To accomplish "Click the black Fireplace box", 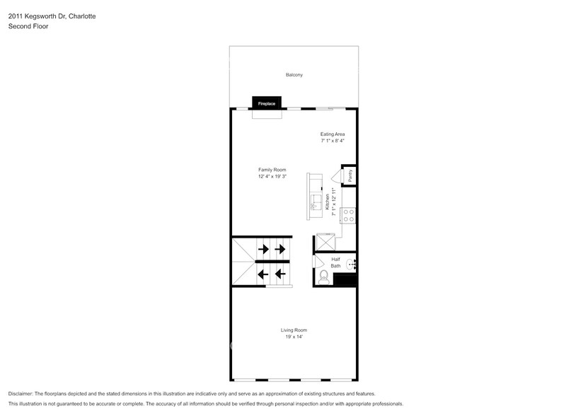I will (266, 103).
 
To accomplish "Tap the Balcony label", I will (294, 74).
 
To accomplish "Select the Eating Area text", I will (332, 134).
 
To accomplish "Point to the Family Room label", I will (272, 170).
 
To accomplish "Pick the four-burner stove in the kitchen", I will (347, 215).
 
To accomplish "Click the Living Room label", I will (293, 330).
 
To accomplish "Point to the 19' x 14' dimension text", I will (293, 337).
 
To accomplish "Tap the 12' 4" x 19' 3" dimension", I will (272, 177).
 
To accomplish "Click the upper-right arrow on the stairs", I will (280, 249).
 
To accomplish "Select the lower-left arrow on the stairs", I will (263, 274).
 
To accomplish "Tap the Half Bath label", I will (335, 262).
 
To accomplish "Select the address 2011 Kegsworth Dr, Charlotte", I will (52, 15).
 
